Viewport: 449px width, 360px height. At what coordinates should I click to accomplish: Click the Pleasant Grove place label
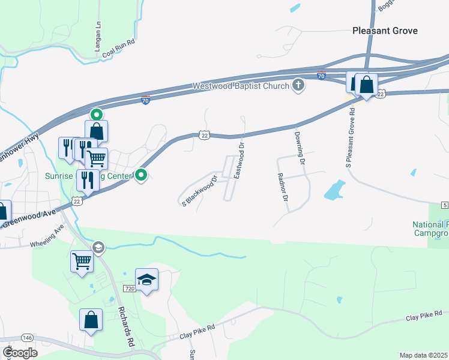pyautogui.click(x=385, y=31)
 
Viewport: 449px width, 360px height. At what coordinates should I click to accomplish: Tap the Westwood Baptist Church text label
pyautogui.click(x=241, y=86)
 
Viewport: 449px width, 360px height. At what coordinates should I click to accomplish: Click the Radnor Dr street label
pyautogui.click(x=283, y=188)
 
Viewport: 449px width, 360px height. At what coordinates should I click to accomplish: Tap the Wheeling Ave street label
pyautogui.click(x=47, y=236)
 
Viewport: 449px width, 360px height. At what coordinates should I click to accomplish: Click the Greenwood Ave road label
pyautogui.click(x=29, y=217)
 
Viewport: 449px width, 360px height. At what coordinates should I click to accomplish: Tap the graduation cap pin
pyautogui.click(x=146, y=280)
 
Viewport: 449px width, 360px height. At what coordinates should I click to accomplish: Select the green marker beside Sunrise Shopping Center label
pyautogui.click(x=141, y=175)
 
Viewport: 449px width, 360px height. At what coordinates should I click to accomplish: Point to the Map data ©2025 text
pyautogui.click(x=423, y=355)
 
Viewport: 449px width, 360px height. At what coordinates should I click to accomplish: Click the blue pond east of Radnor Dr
pyautogui.click(x=334, y=191)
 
